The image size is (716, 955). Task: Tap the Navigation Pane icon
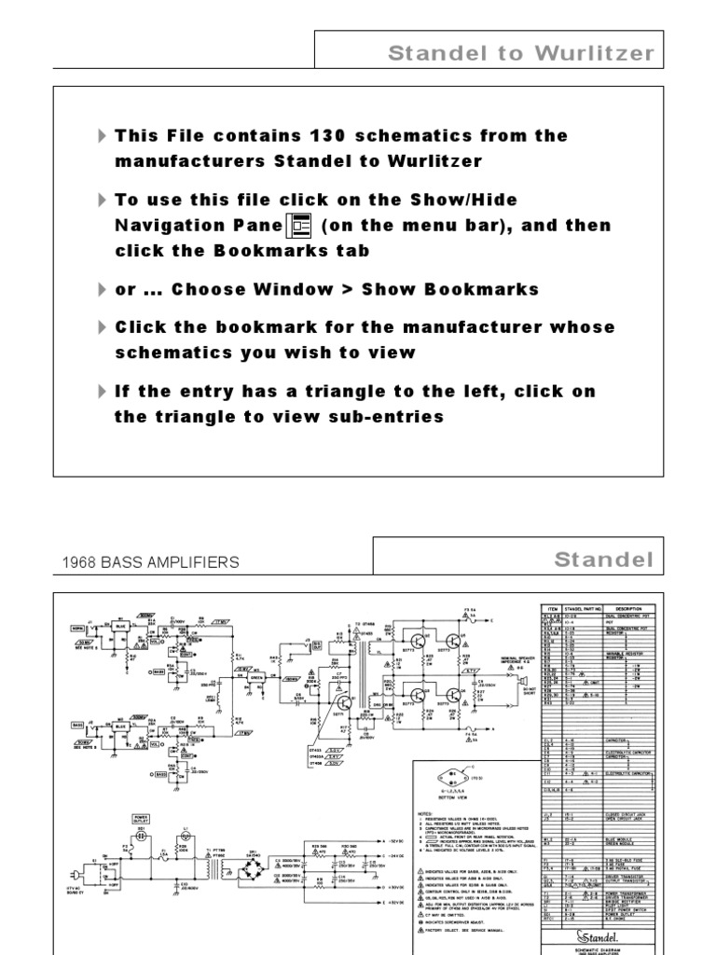301,226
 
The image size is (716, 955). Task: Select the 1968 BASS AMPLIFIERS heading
150,562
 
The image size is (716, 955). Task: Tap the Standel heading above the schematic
604,560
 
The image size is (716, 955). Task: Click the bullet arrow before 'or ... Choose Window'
102,290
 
